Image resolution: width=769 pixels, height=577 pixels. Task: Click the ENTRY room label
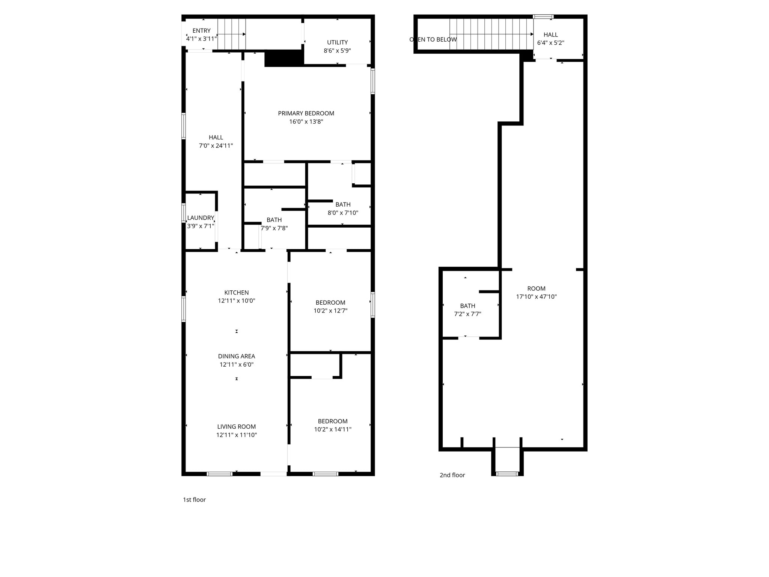[x=201, y=31]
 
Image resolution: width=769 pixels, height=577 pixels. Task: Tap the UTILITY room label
[x=337, y=42]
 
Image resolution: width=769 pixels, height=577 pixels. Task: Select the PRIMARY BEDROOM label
[x=306, y=113]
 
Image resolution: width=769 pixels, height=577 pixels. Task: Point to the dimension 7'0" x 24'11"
[x=216, y=146]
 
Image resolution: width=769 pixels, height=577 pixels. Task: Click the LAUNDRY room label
[x=201, y=218]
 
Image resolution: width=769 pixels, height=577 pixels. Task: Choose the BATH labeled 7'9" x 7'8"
[x=274, y=220]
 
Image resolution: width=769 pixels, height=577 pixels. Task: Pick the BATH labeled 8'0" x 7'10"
[x=343, y=205]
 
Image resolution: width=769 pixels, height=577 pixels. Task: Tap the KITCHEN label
[x=237, y=293]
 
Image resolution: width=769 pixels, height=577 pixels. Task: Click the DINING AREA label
[x=237, y=356]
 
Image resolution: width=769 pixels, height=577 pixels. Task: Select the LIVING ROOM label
[x=237, y=427]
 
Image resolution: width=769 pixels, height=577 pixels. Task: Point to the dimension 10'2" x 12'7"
[x=330, y=311]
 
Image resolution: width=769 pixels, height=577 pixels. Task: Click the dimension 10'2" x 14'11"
[x=333, y=429]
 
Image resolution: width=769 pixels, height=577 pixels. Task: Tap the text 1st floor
[x=194, y=500]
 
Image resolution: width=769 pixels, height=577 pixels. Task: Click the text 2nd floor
[x=452, y=475]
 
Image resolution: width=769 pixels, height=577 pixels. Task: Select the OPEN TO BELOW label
[x=433, y=40]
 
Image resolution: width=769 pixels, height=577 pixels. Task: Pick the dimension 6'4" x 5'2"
[x=550, y=43]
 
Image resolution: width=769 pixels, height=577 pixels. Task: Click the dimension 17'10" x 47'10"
[x=536, y=297]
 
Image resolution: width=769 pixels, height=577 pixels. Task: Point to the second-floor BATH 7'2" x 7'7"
[x=467, y=306]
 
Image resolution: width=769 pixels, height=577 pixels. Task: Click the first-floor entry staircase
[x=232, y=34]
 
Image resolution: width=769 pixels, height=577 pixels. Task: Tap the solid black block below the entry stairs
[x=284, y=58]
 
